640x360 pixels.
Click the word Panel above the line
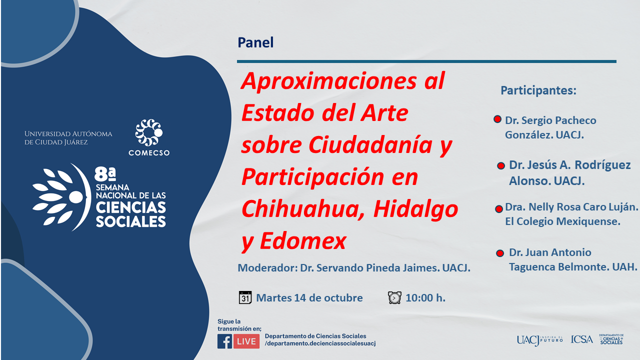255,42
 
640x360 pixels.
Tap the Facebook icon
224,341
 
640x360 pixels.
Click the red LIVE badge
246,341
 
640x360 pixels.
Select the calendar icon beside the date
245,297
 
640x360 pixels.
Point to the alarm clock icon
394,297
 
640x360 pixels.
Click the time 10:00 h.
425,297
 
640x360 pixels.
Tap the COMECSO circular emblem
149,132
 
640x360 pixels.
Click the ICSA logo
581,339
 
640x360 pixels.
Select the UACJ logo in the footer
539,340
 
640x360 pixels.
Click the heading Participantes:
538,90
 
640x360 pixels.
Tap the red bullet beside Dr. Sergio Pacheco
497,119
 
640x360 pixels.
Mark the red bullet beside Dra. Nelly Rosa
499,209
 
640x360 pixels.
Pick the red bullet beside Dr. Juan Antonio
500,253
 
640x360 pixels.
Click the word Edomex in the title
303,241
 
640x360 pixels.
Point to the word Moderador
267,267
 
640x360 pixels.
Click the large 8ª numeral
105,174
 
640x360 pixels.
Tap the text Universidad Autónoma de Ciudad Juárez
68,137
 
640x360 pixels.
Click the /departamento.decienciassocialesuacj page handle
320,343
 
